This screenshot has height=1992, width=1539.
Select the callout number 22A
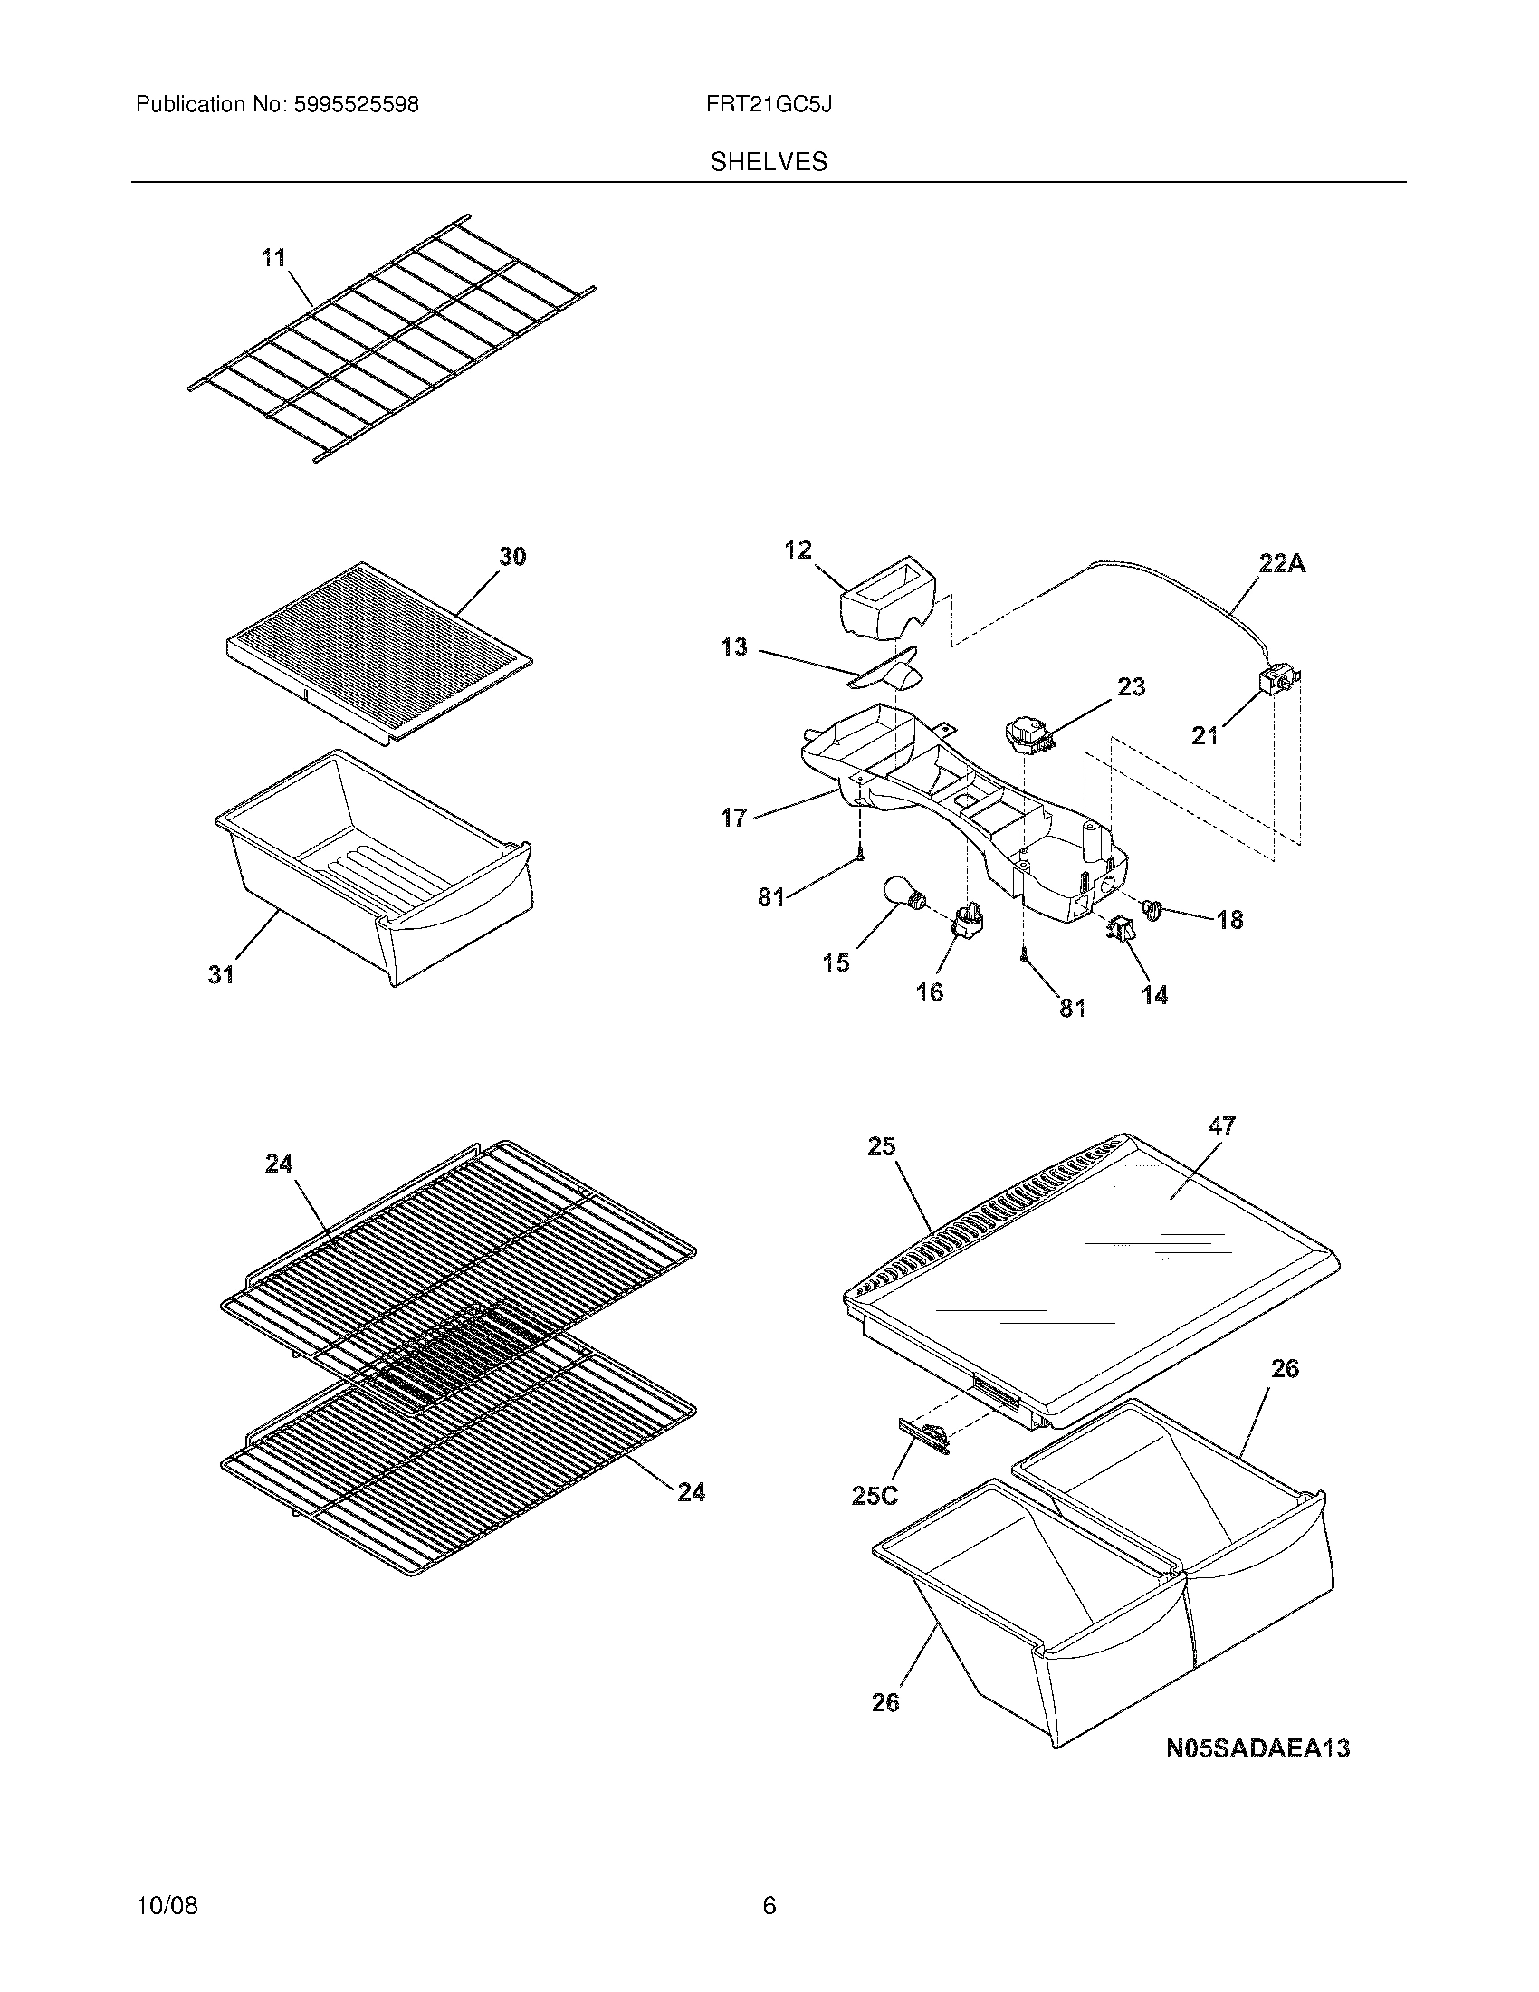(x=1282, y=565)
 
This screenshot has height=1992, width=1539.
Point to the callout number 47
(x=1222, y=1126)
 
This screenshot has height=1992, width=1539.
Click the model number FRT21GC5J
(x=768, y=105)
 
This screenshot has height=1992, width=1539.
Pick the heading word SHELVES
(x=769, y=162)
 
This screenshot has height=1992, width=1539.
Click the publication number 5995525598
(x=357, y=105)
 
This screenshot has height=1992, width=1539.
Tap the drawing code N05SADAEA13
(x=1257, y=1749)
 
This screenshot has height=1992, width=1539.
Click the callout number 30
(x=512, y=556)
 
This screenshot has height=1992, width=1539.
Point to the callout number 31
(x=222, y=975)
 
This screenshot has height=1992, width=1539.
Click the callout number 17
(x=733, y=819)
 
